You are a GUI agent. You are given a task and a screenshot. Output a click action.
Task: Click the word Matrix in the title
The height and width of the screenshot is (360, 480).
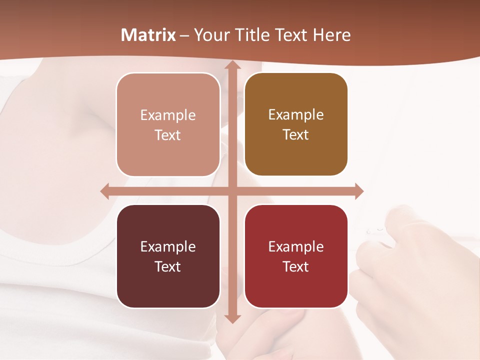tap(148, 35)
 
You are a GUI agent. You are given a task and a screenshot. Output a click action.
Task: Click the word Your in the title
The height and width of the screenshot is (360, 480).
tap(211, 35)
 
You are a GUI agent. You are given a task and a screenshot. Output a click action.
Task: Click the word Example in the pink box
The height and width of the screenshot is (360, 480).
tap(168, 115)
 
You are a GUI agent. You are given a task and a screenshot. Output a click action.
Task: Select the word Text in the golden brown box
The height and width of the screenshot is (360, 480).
tap(296, 135)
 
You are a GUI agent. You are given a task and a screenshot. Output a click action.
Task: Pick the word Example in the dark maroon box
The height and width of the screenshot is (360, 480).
tap(168, 247)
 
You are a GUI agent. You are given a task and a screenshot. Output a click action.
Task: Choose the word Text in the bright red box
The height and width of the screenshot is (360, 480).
tap(296, 266)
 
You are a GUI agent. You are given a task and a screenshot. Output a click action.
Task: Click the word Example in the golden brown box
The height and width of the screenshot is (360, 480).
tap(296, 115)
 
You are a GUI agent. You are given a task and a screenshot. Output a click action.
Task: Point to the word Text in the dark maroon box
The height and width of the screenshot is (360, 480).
tap(168, 266)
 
